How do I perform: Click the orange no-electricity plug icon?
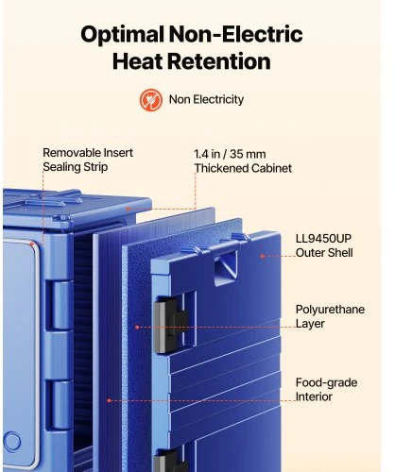(x=151, y=100)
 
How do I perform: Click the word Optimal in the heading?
(x=122, y=34)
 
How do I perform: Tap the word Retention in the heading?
(x=219, y=61)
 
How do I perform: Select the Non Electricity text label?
(x=206, y=99)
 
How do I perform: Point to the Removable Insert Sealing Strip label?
(x=88, y=160)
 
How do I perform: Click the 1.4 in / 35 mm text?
(x=230, y=154)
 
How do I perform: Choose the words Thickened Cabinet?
(x=243, y=168)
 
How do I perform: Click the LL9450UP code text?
(x=323, y=239)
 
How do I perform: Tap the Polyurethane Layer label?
(x=330, y=316)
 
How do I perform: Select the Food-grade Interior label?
(x=326, y=390)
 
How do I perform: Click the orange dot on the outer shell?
(x=263, y=256)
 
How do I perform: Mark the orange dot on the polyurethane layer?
(x=137, y=328)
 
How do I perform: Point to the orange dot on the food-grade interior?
(x=109, y=400)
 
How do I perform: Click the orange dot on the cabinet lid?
(x=128, y=209)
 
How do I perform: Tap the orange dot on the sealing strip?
(x=32, y=244)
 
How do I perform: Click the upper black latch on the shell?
(x=170, y=325)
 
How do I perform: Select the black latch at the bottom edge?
(x=170, y=461)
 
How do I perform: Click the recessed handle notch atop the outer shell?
(x=226, y=268)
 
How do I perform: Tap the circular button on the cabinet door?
(x=12, y=441)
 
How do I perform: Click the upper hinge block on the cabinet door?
(x=60, y=305)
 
